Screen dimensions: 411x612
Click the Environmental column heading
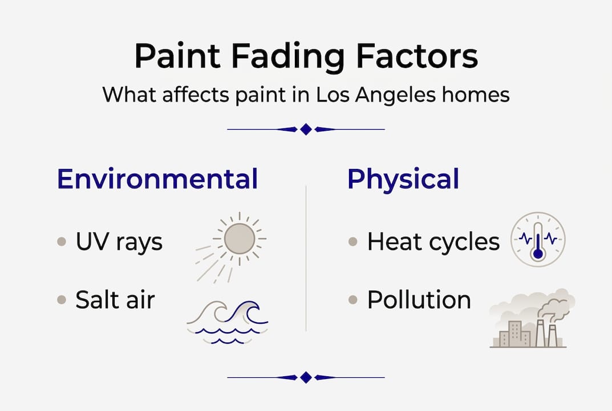pos(157,179)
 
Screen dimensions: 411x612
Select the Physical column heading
pos(403,179)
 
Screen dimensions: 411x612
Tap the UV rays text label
pos(119,242)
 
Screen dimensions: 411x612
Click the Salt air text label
pos(115,300)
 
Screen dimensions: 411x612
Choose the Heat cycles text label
pos(433,242)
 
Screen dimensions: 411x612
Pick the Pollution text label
pos(419,300)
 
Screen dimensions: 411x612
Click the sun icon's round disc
pos(239,239)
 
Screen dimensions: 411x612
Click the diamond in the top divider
pos(306,130)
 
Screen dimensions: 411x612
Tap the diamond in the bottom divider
pos(306,377)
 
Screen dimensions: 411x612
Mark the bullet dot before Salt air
pos(62,300)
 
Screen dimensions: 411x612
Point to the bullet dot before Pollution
pos(353,300)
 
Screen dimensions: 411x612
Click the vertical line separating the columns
pos(306,257)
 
